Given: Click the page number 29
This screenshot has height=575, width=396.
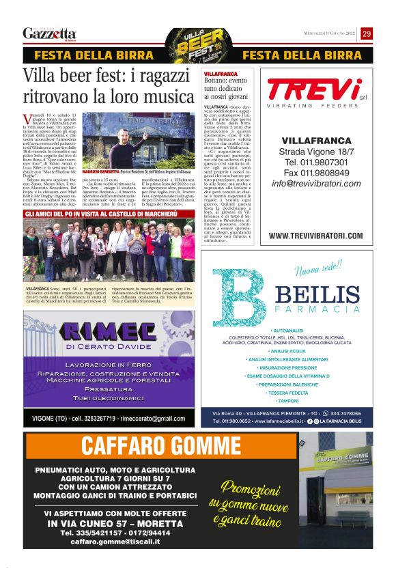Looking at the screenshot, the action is (x=367, y=33).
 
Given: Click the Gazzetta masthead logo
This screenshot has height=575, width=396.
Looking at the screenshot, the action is (x=49, y=33).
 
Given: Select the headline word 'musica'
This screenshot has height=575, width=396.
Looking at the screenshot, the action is (x=171, y=96).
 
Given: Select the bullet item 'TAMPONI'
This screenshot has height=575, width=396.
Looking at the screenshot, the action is (x=288, y=401).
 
